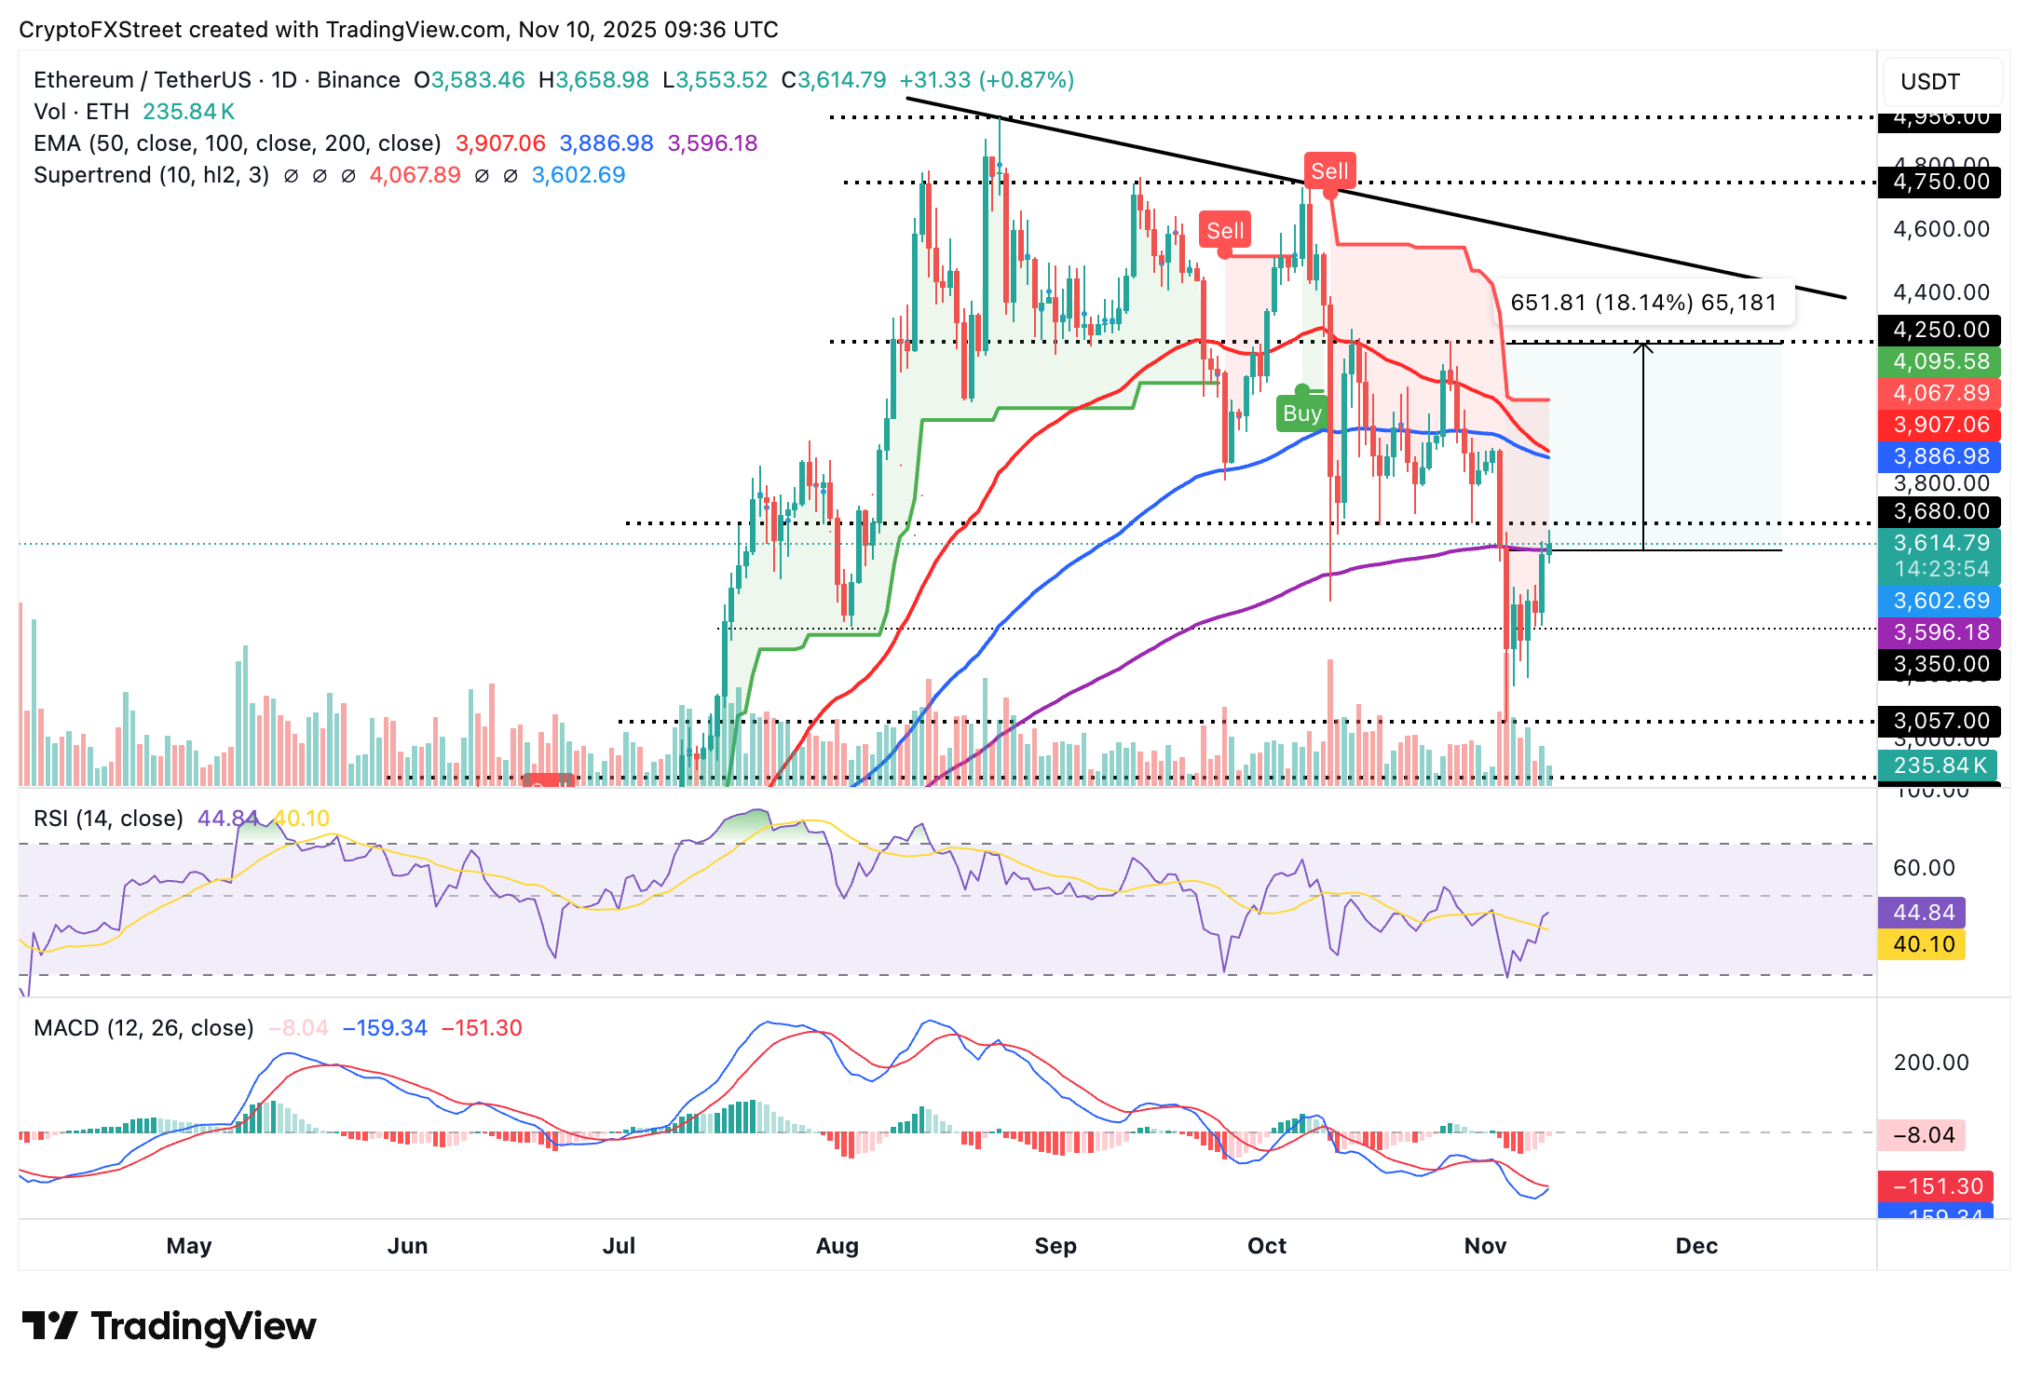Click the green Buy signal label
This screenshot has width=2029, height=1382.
pos(1301,413)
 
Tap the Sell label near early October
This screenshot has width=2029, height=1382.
pos(1329,171)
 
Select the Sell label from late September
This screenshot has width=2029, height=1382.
pos(1225,231)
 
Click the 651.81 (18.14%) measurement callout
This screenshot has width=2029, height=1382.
pos(1643,303)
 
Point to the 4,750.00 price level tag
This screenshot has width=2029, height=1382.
pos(1940,182)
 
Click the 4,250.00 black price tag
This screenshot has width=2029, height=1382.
pos(1940,330)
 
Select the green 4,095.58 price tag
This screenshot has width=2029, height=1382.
pos(1940,361)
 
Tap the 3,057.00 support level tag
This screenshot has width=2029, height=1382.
pos(1940,721)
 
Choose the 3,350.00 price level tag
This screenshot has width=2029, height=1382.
pos(1940,664)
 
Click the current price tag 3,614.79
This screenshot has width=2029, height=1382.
pos(1940,543)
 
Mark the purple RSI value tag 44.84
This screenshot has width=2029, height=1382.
pos(1923,913)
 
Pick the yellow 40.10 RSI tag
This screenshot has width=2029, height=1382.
pos(1923,944)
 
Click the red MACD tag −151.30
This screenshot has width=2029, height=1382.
pos(1937,1186)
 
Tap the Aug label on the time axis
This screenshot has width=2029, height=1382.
pos(837,1246)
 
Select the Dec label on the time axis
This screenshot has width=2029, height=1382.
pos(1696,1246)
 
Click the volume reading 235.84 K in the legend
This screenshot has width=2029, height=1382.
pos(189,112)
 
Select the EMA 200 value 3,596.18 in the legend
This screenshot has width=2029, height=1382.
pos(713,143)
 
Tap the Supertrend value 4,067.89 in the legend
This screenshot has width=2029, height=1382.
pos(415,175)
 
